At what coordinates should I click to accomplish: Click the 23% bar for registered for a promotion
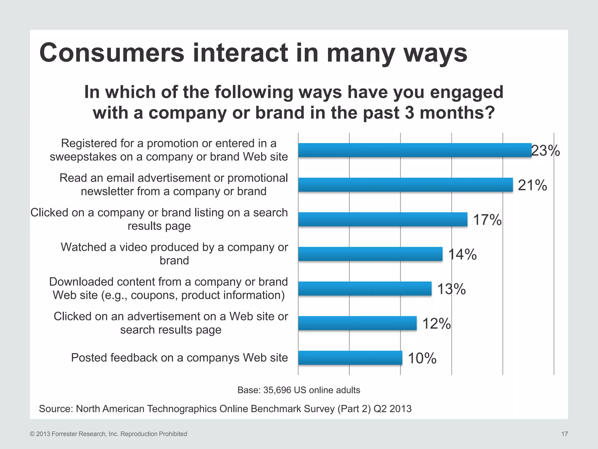pos(415,150)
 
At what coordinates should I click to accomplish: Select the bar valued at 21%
pos(405,185)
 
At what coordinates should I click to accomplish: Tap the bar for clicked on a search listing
pos(383,219)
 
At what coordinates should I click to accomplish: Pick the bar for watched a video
pos(370,254)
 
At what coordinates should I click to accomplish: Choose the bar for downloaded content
pos(365,289)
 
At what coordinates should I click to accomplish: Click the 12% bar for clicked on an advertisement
pos(357,323)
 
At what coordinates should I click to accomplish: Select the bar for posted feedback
pos(350,358)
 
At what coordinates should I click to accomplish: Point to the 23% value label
pos(545,151)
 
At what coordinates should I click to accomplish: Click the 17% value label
pos(487,220)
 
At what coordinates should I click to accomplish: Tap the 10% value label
pos(422,358)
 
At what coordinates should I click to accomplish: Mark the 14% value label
pos(462,254)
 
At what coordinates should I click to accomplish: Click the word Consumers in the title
pos(112,53)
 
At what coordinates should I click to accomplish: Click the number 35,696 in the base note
pos(277,390)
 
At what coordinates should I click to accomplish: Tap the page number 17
pos(565,434)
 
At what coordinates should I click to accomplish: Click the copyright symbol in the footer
pos(32,434)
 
